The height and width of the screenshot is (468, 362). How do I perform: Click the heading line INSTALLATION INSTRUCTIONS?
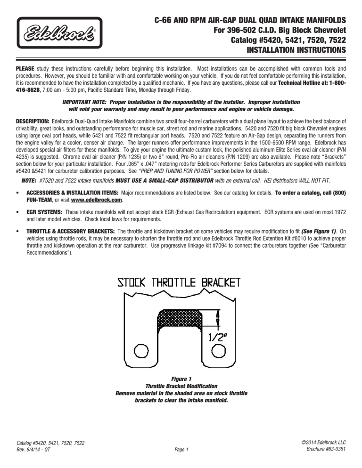[296, 49]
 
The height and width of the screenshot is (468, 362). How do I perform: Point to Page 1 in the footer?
[181, 450]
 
